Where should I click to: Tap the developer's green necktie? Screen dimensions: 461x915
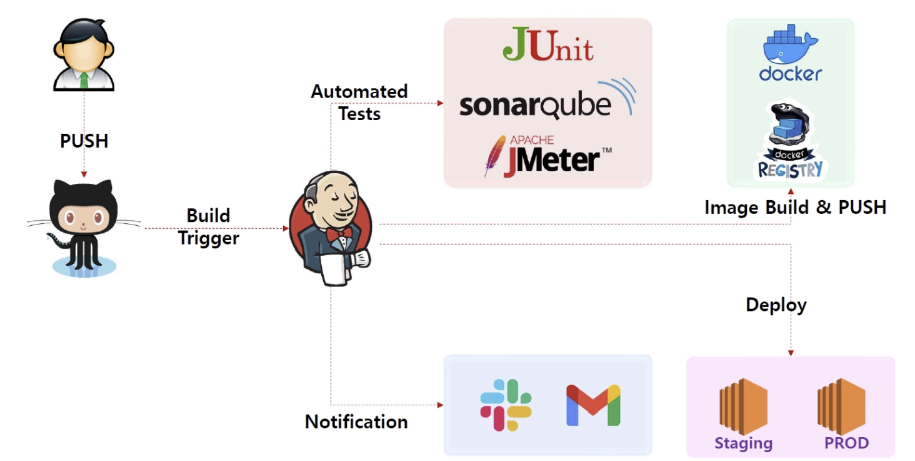pyautogui.click(x=84, y=81)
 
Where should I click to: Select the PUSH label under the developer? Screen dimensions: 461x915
pyautogui.click(x=84, y=141)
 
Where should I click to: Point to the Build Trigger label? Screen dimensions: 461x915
pyautogui.click(x=208, y=227)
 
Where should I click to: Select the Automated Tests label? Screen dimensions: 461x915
pyautogui.click(x=359, y=103)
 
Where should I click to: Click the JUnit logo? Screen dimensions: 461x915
pyautogui.click(x=548, y=44)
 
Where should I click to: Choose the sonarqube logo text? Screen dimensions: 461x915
pyautogui.click(x=534, y=106)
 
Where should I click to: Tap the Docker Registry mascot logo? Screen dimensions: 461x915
pyautogui.click(x=791, y=144)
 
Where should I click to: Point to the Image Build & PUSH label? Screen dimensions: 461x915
pyautogui.click(x=795, y=207)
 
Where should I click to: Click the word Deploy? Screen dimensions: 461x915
pyautogui.click(x=776, y=305)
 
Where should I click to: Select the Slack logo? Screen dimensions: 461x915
pyautogui.click(x=506, y=405)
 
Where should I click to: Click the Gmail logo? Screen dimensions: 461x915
pyautogui.click(x=592, y=405)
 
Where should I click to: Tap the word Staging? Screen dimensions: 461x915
pyautogui.click(x=743, y=443)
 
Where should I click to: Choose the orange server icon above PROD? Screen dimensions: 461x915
pyautogui.click(x=841, y=406)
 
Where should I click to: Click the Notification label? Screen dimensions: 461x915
pyautogui.click(x=356, y=422)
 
